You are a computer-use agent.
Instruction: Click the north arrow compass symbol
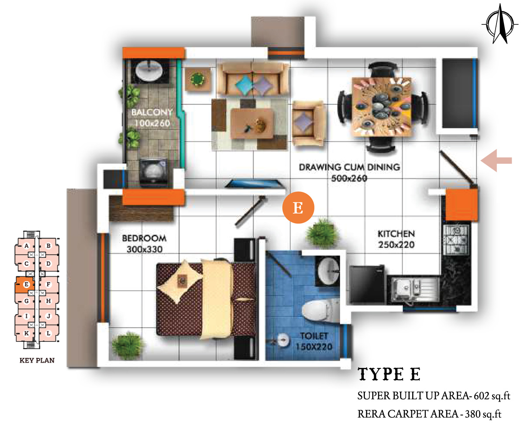tap(500, 24)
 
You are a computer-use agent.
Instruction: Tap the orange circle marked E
tap(298, 208)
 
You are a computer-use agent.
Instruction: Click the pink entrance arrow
tap(496, 160)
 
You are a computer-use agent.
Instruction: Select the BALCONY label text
tap(152, 112)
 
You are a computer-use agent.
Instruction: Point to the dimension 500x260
tap(349, 178)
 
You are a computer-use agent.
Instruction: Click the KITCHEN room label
tap(396, 234)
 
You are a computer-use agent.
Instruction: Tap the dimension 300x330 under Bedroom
tap(145, 249)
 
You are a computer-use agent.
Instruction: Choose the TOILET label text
tap(314, 336)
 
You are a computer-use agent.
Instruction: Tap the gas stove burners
tap(456, 240)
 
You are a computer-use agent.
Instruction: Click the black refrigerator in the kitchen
tap(367, 284)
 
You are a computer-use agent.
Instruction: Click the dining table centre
tap(382, 106)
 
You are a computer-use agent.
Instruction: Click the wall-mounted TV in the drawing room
tap(255, 184)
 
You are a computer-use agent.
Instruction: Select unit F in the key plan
tap(48, 284)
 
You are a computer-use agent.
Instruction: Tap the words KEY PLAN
tap(37, 361)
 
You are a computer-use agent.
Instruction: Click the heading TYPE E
tap(389, 374)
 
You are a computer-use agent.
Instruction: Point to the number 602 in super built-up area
tap(481, 396)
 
